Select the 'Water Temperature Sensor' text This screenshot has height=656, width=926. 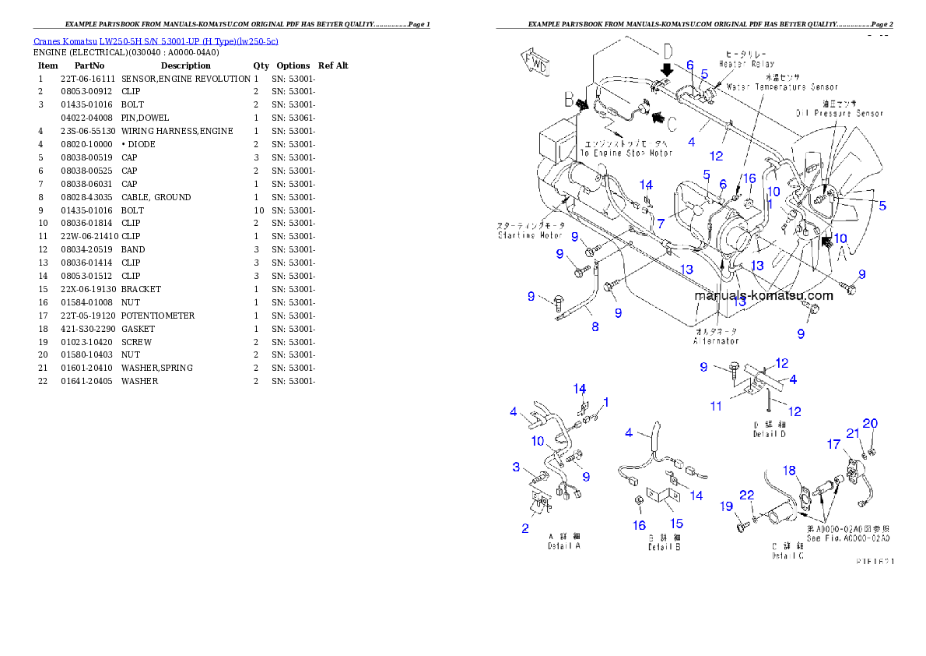click(781, 87)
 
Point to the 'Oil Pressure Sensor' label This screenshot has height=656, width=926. click(839, 113)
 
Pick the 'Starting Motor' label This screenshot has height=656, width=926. click(531, 234)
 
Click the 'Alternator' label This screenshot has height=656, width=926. click(716, 340)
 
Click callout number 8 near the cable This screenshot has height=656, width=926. click(595, 327)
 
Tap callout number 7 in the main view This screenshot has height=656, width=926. click(660, 224)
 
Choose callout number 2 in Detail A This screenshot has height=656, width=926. click(525, 527)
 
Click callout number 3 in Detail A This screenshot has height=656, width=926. click(515, 467)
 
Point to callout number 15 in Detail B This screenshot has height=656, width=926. click(676, 524)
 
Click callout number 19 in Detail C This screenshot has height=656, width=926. click(726, 506)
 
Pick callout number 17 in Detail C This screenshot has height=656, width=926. click(833, 445)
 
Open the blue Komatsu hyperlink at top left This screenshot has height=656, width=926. click(156, 41)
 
